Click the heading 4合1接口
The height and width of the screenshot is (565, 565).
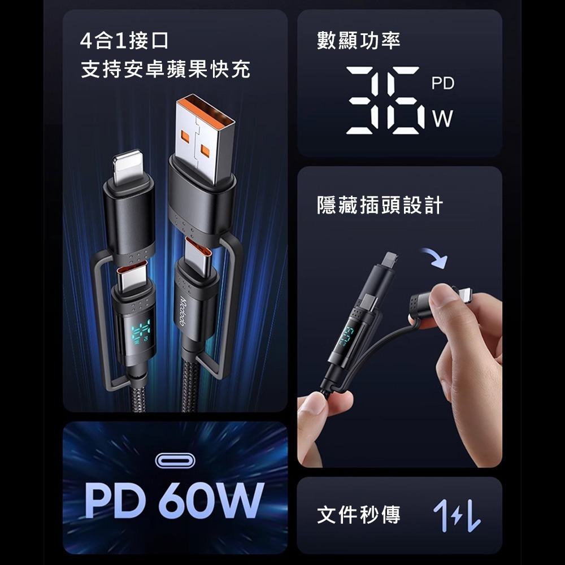coord(124,42)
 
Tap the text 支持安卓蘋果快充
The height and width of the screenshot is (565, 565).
coord(166,70)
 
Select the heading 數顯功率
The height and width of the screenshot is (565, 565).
coord(359,41)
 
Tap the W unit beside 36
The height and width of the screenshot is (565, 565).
coord(443,118)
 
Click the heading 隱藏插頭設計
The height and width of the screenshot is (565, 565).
coord(380,206)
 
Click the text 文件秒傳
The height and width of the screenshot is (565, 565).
coord(359,515)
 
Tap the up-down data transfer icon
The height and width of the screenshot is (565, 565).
coord(457,515)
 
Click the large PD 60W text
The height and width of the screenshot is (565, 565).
coord(174,501)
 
